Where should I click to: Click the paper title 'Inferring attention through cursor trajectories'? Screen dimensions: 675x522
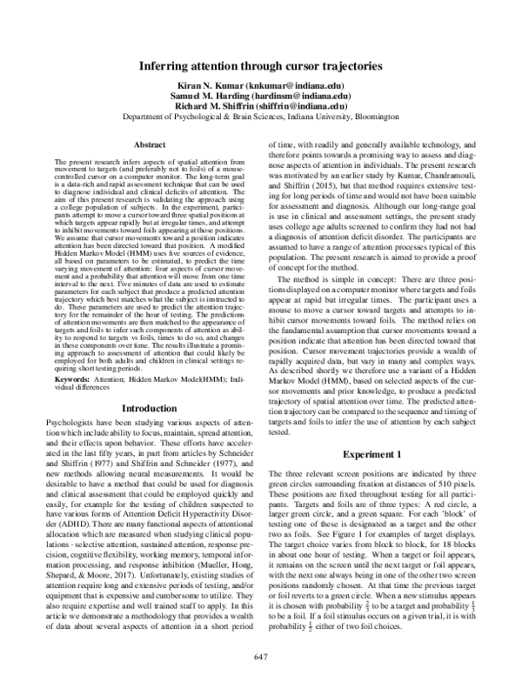pyautogui.click(x=261, y=64)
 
